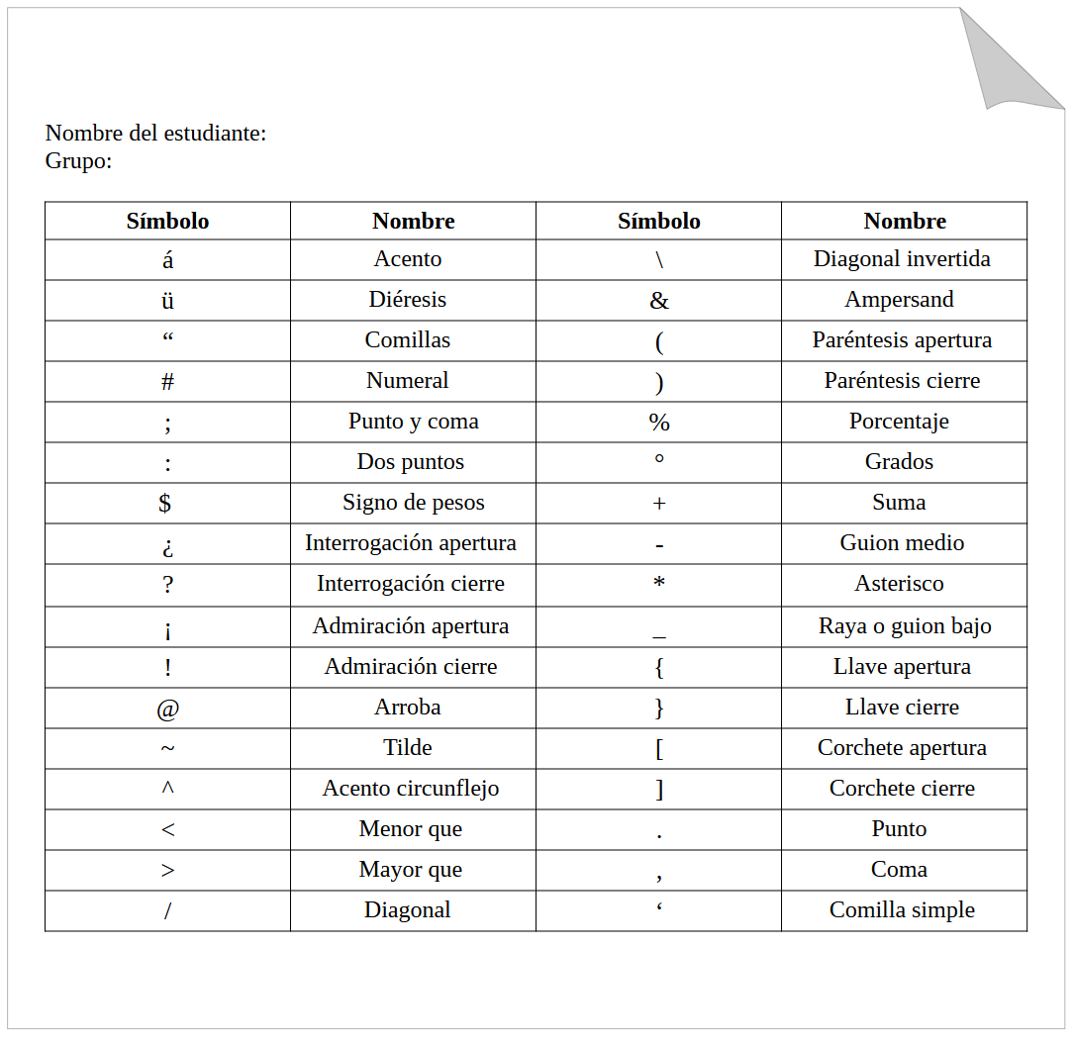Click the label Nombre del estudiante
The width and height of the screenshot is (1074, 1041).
pyautogui.click(x=156, y=134)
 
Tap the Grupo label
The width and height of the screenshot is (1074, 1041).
pyautogui.click(x=78, y=161)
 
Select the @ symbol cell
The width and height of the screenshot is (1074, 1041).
pyautogui.click(x=167, y=709)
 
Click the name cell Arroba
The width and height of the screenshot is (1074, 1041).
pyautogui.click(x=408, y=708)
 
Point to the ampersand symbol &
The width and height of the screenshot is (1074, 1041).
pyautogui.click(x=659, y=301)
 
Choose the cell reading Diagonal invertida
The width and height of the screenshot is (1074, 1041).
pyautogui.click(x=902, y=259)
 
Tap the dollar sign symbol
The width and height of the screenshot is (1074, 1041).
pyautogui.click(x=165, y=503)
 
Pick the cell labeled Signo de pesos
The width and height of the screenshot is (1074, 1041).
pyautogui.click(x=413, y=503)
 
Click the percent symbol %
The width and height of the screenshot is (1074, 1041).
pyautogui.click(x=659, y=423)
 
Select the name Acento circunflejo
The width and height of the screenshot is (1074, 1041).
pyautogui.click(x=411, y=789)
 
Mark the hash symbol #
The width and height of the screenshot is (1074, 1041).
pyautogui.click(x=167, y=382)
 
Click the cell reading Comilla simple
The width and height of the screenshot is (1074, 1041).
pyautogui.click(x=902, y=910)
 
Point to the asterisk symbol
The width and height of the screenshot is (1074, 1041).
pyautogui.click(x=659, y=584)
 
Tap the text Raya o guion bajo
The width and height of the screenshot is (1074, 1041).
pyautogui.click(x=904, y=626)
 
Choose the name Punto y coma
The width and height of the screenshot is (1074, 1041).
pyautogui.click(x=413, y=422)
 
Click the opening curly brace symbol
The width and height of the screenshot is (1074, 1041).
pyautogui.click(x=659, y=668)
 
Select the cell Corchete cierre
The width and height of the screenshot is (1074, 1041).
pyautogui.click(x=902, y=789)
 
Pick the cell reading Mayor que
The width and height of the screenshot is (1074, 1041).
pyautogui.click(x=410, y=870)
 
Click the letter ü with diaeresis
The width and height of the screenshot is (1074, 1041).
pyautogui.click(x=167, y=301)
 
